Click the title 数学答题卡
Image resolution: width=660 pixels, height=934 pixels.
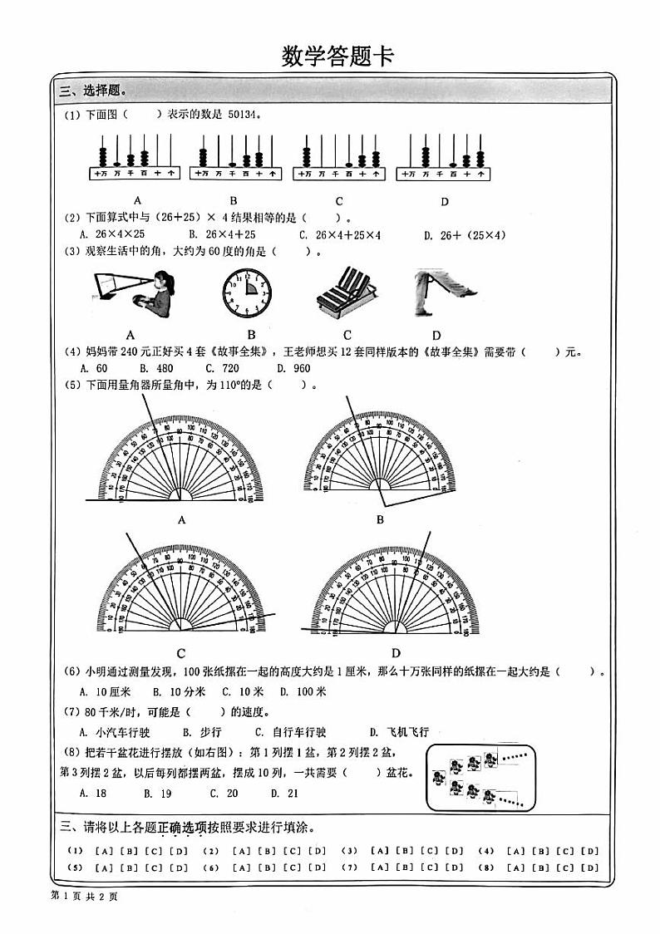pos(337,57)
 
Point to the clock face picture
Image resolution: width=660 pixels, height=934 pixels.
pos(246,293)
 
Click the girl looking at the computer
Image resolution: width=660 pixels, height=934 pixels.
pos(134,293)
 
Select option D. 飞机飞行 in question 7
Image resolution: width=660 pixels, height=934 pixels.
pos(400,732)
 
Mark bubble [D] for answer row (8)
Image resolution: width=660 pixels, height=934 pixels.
pos(589,868)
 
